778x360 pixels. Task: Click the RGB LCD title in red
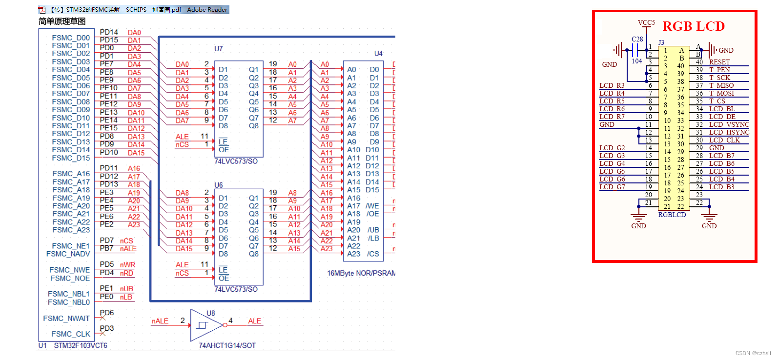click(693, 26)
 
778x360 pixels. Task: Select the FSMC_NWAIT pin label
click(66, 319)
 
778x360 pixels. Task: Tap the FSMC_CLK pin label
click(71, 334)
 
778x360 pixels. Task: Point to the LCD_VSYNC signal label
click(729, 124)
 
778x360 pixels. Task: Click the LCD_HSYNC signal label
click(729, 132)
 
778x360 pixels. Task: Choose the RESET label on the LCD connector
click(719, 62)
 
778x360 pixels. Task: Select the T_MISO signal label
click(721, 85)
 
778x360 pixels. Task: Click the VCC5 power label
click(646, 22)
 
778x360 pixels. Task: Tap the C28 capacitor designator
click(637, 39)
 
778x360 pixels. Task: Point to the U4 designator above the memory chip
click(378, 53)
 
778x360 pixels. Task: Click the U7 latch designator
click(218, 49)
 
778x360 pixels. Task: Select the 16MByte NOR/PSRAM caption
click(361, 273)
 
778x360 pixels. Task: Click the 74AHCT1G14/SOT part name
click(227, 345)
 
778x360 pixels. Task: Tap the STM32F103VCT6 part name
click(81, 345)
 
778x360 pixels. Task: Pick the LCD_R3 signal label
click(612, 85)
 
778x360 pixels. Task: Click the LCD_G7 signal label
click(612, 187)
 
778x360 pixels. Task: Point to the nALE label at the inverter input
click(160, 321)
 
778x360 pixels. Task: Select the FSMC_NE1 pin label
click(71, 246)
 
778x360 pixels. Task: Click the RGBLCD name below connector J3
click(672, 215)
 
